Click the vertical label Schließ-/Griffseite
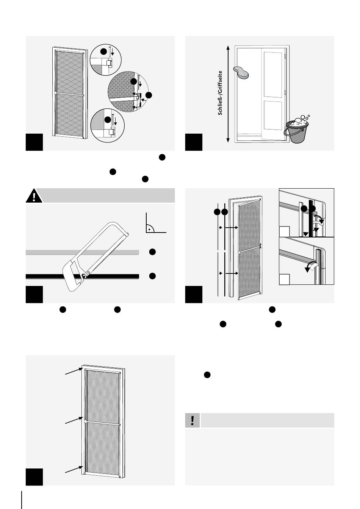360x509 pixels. (x=221, y=93)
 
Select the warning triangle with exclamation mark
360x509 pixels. (x=34, y=196)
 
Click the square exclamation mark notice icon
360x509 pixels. (x=193, y=420)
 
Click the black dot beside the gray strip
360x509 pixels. (x=152, y=252)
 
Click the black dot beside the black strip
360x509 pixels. (x=152, y=276)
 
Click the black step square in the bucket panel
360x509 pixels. (x=194, y=142)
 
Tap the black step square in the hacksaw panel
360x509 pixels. (x=34, y=295)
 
